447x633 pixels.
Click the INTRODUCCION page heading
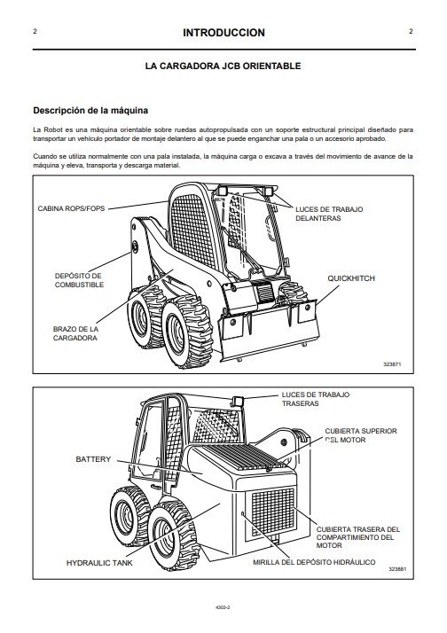pyautogui.click(x=223, y=33)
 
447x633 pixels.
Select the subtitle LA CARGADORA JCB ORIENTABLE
pyautogui.click(x=223, y=66)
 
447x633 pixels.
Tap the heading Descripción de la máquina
pyautogui.click(x=90, y=111)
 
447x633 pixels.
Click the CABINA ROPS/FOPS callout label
pyautogui.click(x=71, y=208)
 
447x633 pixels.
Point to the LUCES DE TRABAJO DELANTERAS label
pyautogui.click(x=329, y=214)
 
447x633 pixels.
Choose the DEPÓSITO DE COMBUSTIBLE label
pyautogui.click(x=79, y=280)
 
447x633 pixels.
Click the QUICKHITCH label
pyautogui.click(x=351, y=278)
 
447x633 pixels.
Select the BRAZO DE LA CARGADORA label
pyautogui.click(x=75, y=333)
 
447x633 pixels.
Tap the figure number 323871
pyautogui.click(x=392, y=364)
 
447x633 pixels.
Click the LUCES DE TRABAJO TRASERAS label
pyautogui.click(x=316, y=399)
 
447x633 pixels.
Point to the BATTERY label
pyautogui.click(x=93, y=459)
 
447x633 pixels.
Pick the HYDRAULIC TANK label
pyautogui.click(x=99, y=563)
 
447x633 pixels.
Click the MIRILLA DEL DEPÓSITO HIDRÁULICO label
pyautogui.click(x=314, y=562)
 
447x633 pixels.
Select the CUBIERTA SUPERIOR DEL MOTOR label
pyautogui.click(x=361, y=435)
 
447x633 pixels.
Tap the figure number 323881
pyautogui.click(x=397, y=569)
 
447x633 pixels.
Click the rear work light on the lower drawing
pyautogui.click(x=238, y=402)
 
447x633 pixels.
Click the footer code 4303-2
pyautogui.click(x=223, y=606)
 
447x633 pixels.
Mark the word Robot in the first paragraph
pyautogui.click(x=52, y=130)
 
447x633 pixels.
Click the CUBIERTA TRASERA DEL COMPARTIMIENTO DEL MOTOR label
pyautogui.click(x=357, y=537)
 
